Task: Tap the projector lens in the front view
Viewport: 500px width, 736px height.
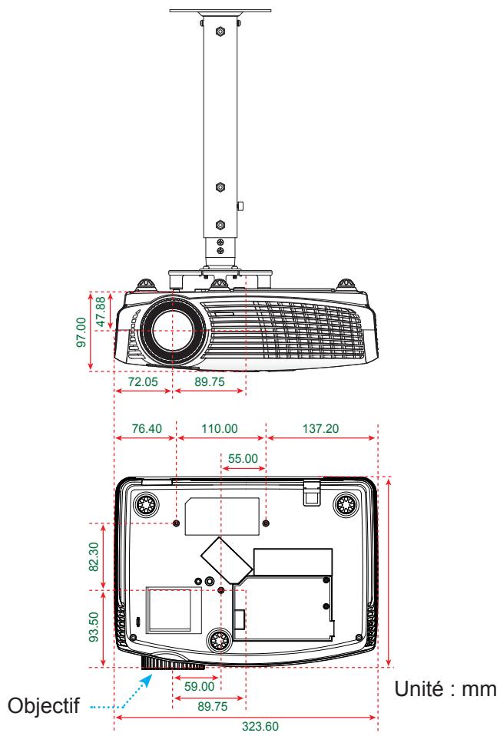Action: click(171, 332)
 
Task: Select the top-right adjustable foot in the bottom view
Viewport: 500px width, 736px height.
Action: click(346, 504)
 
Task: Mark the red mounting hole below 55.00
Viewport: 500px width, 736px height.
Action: click(266, 523)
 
